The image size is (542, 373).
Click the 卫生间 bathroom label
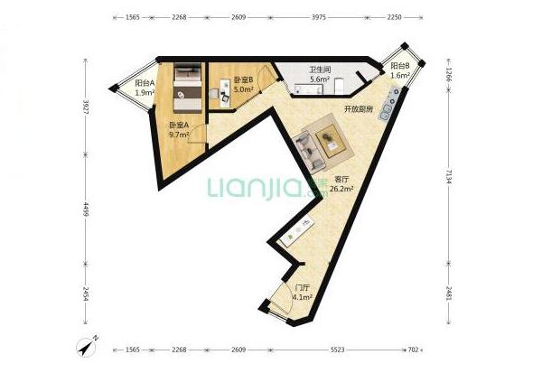(x=320, y=70)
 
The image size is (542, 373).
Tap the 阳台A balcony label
(x=145, y=83)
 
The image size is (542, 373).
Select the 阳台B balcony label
(x=400, y=66)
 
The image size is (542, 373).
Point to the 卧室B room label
(x=244, y=79)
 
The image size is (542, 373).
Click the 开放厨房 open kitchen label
(x=359, y=109)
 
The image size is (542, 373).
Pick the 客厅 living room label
(x=341, y=180)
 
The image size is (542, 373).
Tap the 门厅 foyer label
(x=303, y=288)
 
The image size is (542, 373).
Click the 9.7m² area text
(x=179, y=135)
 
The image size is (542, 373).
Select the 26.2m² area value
(x=341, y=189)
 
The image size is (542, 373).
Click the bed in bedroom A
(x=187, y=88)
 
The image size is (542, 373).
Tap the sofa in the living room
(x=309, y=154)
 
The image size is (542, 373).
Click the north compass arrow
(x=87, y=347)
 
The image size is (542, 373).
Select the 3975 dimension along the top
(x=319, y=17)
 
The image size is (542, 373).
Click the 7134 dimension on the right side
(x=448, y=176)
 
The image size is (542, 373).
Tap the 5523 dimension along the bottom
(x=337, y=350)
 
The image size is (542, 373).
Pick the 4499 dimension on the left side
(x=86, y=210)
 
